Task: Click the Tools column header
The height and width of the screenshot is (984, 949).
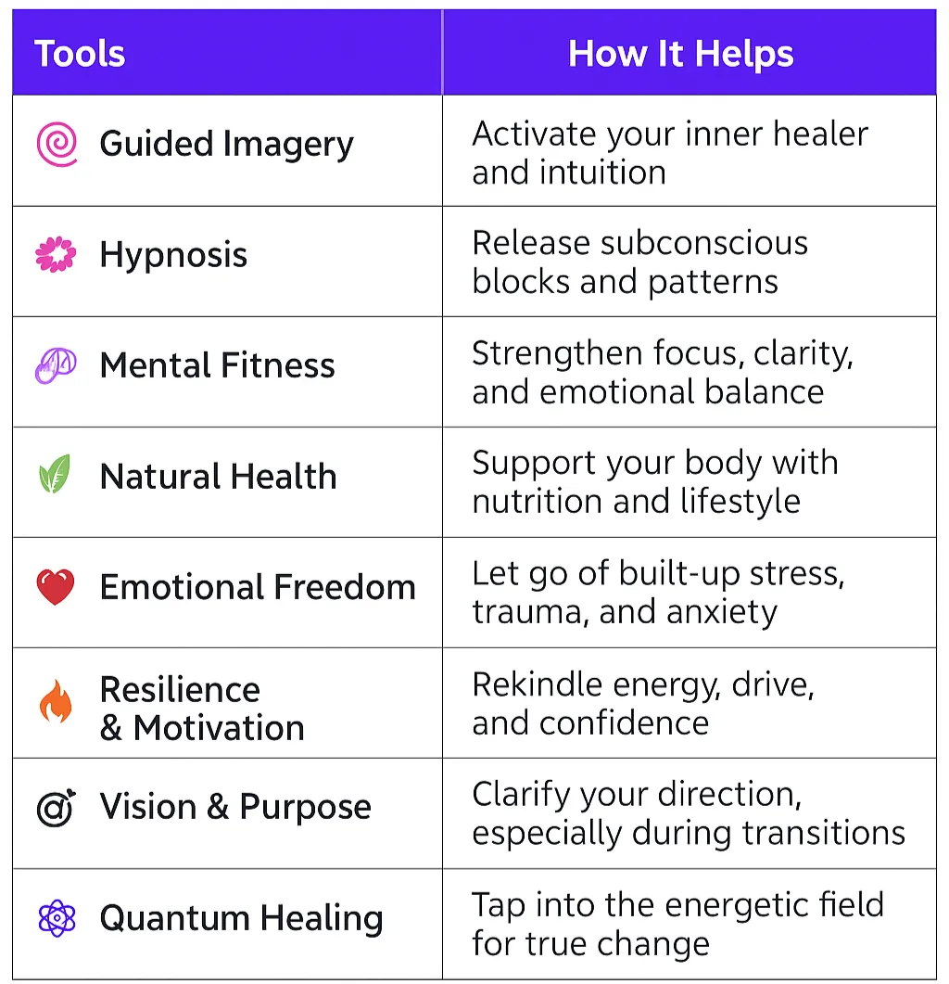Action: (x=80, y=54)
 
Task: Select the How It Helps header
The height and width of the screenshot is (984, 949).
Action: (x=680, y=54)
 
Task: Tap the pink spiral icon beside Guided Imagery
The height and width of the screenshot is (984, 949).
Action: (x=56, y=145)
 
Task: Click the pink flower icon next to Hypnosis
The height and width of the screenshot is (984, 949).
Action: (x=56, y=255)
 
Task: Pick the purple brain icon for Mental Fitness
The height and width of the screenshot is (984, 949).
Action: (x=55, y=365)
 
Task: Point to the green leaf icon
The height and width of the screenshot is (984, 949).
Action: (x=55, y=477)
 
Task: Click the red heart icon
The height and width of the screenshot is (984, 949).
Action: (x=56, y=587)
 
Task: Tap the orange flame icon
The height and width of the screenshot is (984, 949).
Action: (x=55, y=702)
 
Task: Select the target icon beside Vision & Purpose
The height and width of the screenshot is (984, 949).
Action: (x=56, y=808)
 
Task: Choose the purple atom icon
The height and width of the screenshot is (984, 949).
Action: (x=56, y=918)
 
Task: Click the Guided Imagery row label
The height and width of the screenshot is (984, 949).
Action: (x=226, y=145)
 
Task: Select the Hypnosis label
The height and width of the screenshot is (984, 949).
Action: (x=173, y=255)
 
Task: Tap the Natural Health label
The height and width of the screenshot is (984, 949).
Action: (x=218, y=477)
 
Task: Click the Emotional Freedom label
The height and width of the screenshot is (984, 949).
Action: (x=258, y=587)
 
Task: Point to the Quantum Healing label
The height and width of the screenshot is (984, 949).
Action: (x=241, y=918)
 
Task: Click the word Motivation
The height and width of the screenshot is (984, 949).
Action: (x=219, y=728)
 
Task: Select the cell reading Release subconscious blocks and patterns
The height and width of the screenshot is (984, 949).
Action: (x=639, y=262)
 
